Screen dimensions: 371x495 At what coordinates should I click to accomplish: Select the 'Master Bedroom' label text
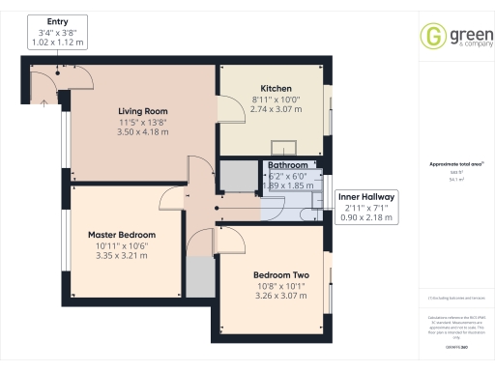pos(122,235)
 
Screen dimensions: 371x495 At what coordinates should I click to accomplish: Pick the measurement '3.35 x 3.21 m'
pos(122,258)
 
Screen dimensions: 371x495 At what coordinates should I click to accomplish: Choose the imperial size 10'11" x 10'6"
pos(122,246)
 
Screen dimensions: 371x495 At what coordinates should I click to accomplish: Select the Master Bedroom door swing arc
pos(169,197)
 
